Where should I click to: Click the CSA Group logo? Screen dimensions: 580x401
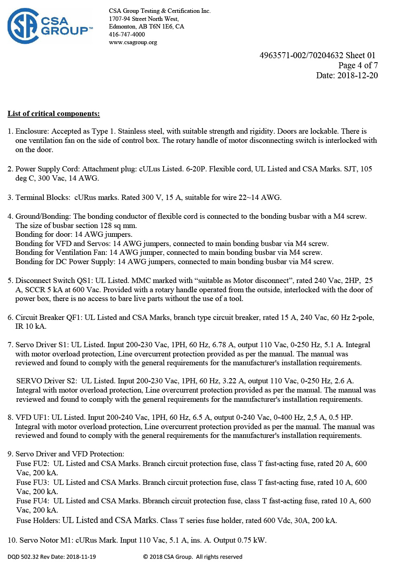pyautogui.click(x=50, y=26)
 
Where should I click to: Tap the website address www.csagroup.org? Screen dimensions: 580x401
pyautogui.click(x=133, y=42)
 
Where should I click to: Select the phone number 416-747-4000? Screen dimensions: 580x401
pyautogui.click(x=127, y=34)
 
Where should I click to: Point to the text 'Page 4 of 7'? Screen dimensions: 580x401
pyautogui.click(x=358, y=65)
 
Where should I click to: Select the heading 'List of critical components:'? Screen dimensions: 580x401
pyautogui.click(x=53, y=114)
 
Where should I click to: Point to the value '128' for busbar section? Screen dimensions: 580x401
pyautogui.click(x=106, y=226)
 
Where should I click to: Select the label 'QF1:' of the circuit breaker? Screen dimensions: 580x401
pyautogui.click(x=74, y=317)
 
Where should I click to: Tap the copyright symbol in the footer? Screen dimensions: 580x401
pyautogui.click(x=145, y=557)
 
